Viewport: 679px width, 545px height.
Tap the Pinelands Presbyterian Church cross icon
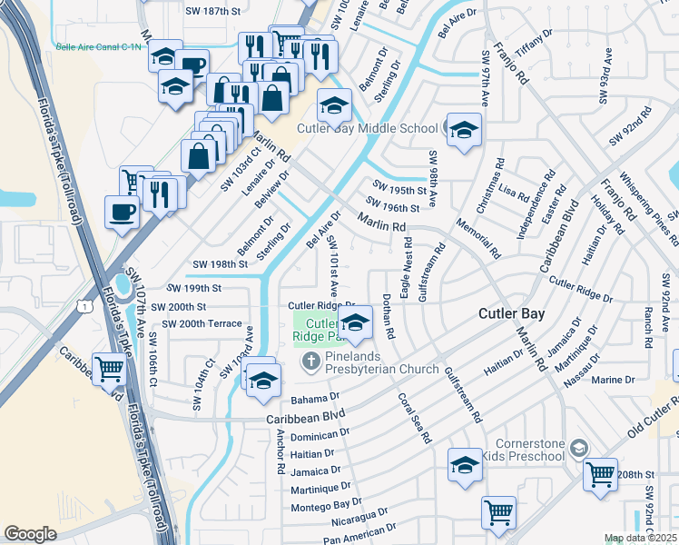[310, 362]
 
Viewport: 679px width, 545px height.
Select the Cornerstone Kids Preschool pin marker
[582, 446]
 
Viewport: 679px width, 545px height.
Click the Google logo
[30, 534]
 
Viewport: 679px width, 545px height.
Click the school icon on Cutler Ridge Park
[354, 323]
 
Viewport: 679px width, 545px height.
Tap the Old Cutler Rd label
[645, 431]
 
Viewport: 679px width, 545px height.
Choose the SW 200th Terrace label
[202, 324]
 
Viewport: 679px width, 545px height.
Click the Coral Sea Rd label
[413, 418]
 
